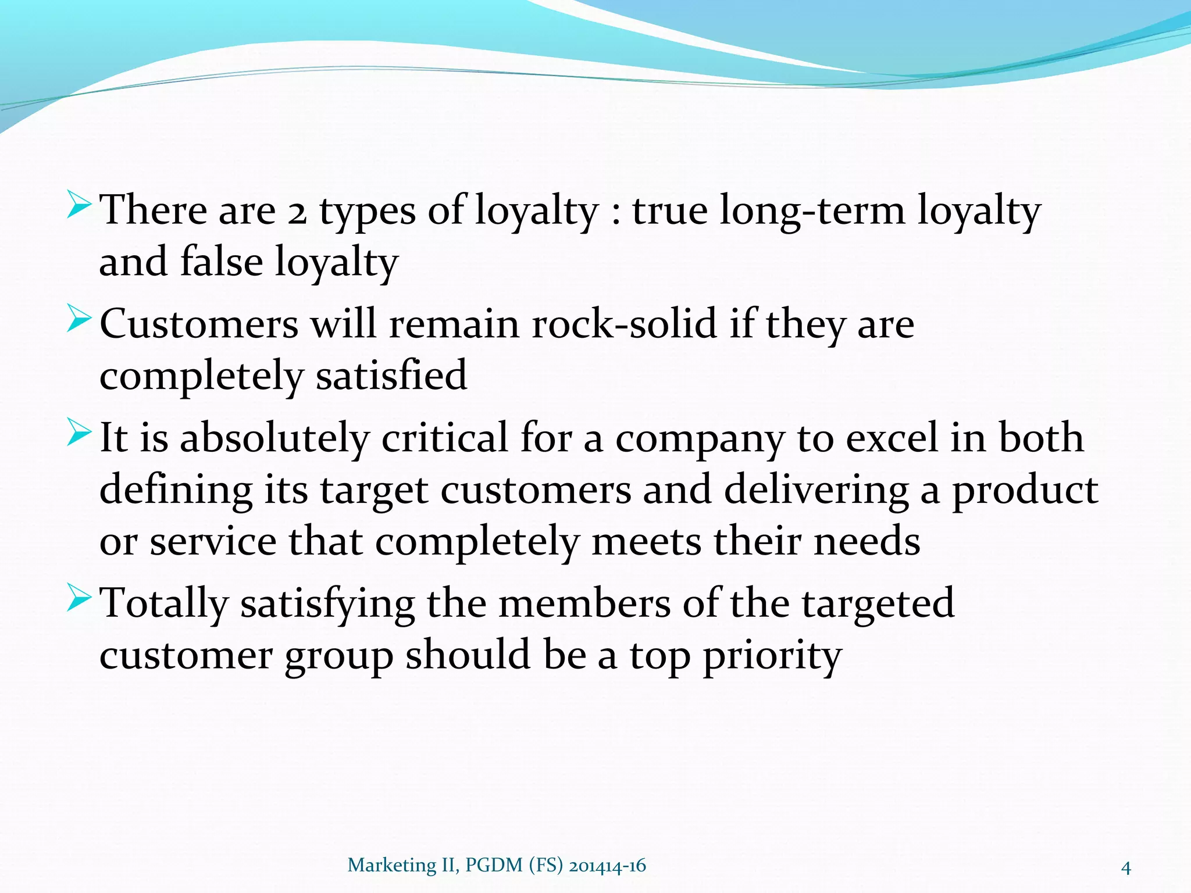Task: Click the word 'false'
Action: coord(222,261)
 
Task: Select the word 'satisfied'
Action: coord(391,375)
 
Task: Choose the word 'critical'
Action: coord(445,438)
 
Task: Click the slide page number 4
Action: coord(1126,869)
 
